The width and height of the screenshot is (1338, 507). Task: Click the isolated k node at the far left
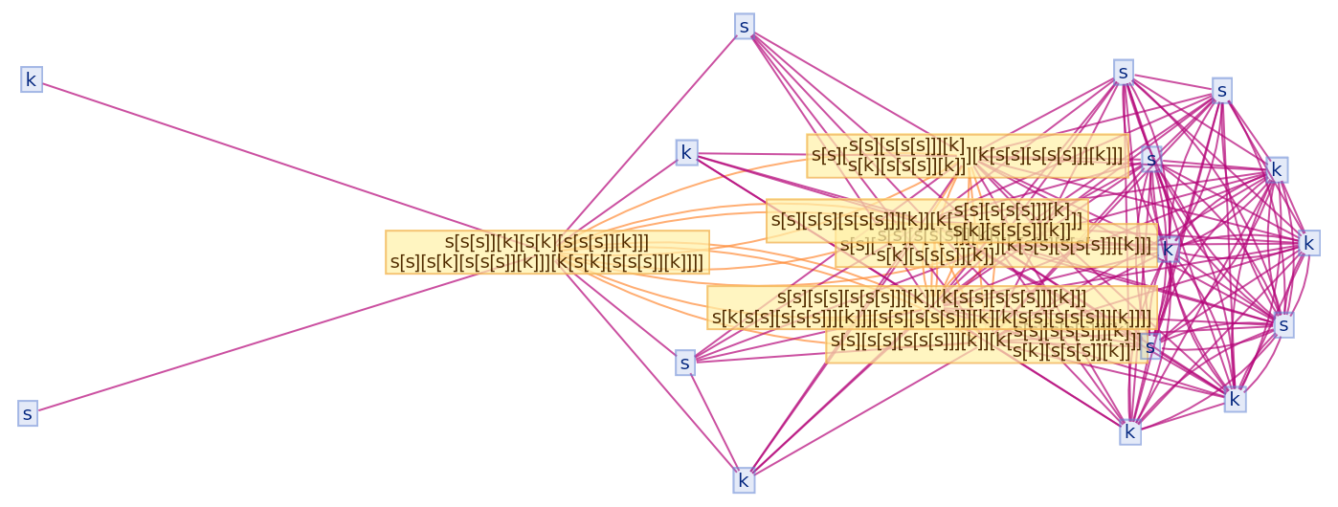[x=31, y=80]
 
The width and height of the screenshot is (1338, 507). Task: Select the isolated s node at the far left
[x=28, y=414]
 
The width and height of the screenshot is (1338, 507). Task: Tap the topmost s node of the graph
[x=745, y=26]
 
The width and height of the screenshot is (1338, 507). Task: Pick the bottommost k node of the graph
[x=744, y=480]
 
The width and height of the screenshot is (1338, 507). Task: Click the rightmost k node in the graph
[x=1308, y=243]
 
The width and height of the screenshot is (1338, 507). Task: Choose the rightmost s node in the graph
[x=1283, y=325]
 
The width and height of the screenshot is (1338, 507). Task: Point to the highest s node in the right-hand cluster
[x=1124, y=72]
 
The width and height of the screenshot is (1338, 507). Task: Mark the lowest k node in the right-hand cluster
[x=1130, y=431]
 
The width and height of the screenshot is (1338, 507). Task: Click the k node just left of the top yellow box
[x=686, y=152]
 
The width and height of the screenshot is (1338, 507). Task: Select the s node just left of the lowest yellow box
[x=684, y=363]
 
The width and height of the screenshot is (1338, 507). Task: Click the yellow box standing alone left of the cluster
[x=547, y=253]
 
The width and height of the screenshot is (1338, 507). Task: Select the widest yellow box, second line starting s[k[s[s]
[x=931, y=308]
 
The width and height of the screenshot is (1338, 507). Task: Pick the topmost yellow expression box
[x=967, y=156]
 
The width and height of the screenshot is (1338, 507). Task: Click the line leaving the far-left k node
[x=239, y=148]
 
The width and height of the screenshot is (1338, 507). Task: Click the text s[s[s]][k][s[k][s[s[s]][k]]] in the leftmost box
[x=547, y=242]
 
